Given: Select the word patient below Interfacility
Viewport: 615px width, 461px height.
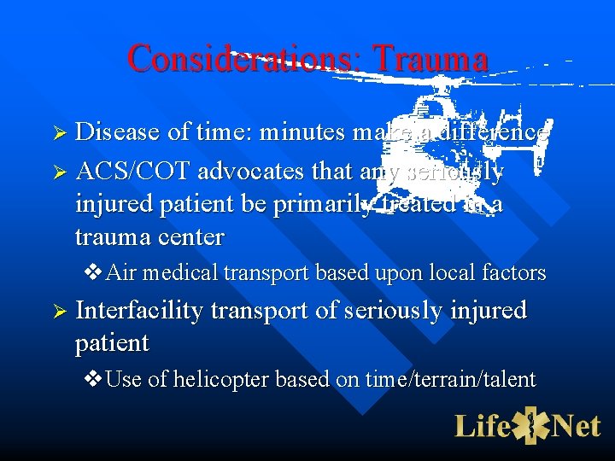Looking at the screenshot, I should pos(112,343).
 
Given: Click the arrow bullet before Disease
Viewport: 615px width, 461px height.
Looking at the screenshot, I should pos(59,133).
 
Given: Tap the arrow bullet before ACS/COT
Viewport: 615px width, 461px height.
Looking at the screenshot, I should pos(59,170).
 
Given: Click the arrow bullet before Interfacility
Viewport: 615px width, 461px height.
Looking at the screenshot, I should pos(59,312).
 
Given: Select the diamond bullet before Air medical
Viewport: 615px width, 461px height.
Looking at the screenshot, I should pos(94,273).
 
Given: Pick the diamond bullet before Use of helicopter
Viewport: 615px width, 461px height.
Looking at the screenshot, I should pos(94,380).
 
